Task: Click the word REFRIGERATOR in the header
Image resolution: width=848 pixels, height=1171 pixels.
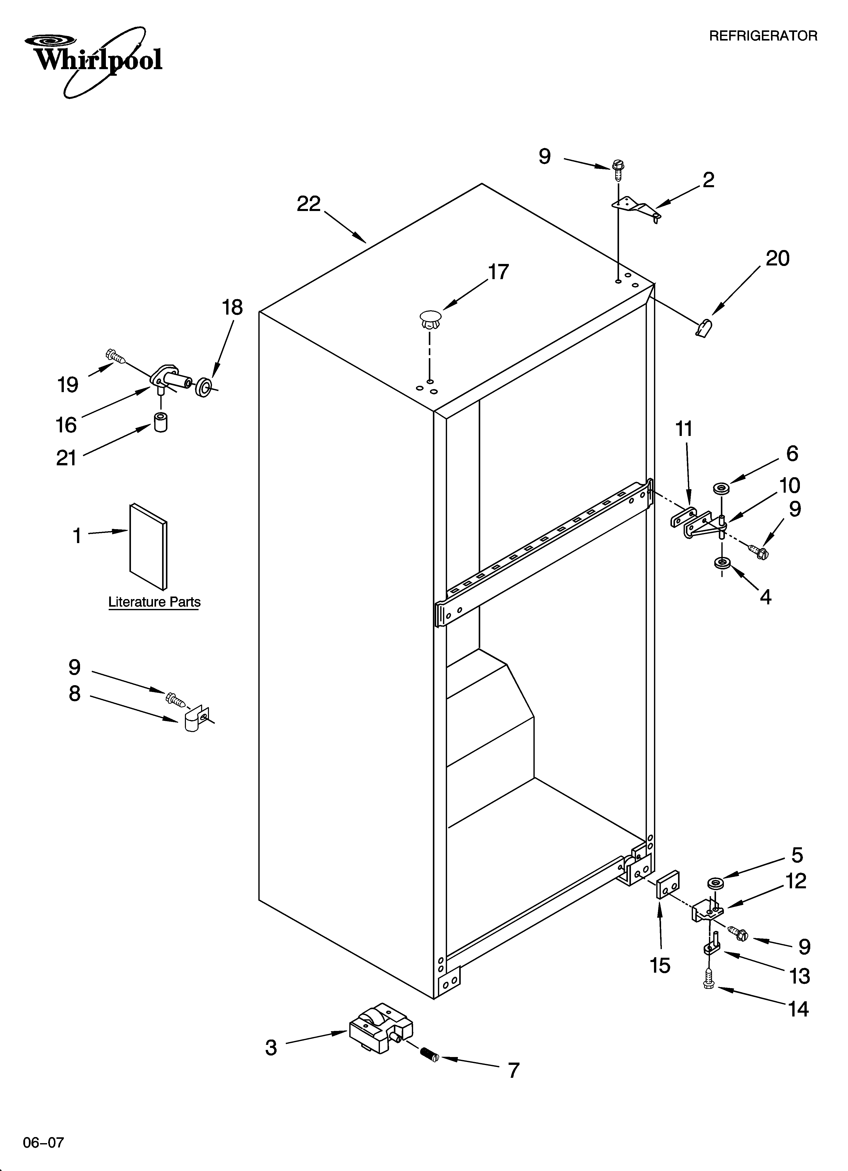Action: [763, 36]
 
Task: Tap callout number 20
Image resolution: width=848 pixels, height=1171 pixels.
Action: [777, 258]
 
